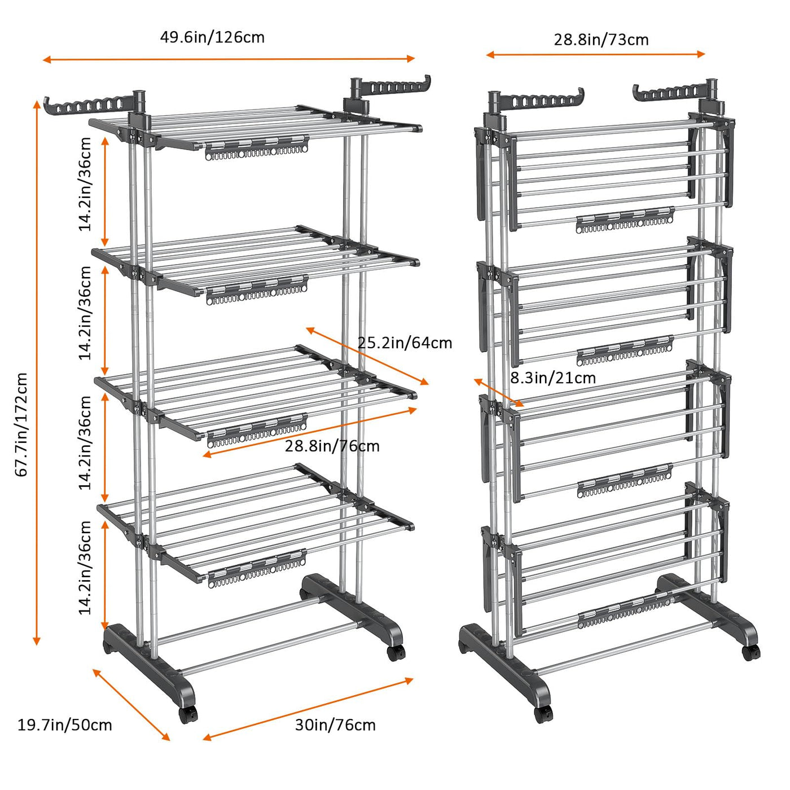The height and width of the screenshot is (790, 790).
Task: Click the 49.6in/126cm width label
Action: click(x=212, y=37)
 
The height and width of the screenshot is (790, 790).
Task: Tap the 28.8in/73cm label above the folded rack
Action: click(x=601, y=39)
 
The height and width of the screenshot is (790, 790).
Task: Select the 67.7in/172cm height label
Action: click(x=21, y=424)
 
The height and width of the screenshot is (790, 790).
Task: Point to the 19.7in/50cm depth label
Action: click(x=64, y=725)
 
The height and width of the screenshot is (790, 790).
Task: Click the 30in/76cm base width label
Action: click(x=335, y=725)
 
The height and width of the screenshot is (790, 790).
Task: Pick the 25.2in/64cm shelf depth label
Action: click(x=405, y=343)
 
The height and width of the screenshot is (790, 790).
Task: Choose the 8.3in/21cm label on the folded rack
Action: click(x=552, y=378)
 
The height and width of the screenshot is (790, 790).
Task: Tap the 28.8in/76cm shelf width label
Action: click(x=332, y=446)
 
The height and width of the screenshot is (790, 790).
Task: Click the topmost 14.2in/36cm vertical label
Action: click(x=85, y=184)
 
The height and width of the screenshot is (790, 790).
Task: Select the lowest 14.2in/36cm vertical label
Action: click(x=85, y=568)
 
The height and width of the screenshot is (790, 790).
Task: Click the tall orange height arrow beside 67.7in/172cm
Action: click(x=37, y=372)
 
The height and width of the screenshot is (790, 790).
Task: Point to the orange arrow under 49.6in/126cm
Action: click(x=229, y=59)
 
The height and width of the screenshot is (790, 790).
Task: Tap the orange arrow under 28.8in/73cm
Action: click(x=595, y=54)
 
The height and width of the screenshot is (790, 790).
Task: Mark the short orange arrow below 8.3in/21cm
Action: click(x=498, y=392)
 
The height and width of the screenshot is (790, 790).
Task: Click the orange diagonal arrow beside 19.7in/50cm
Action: click(x=131, y=704)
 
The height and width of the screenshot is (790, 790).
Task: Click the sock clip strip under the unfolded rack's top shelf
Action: click(x=256, y=148)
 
